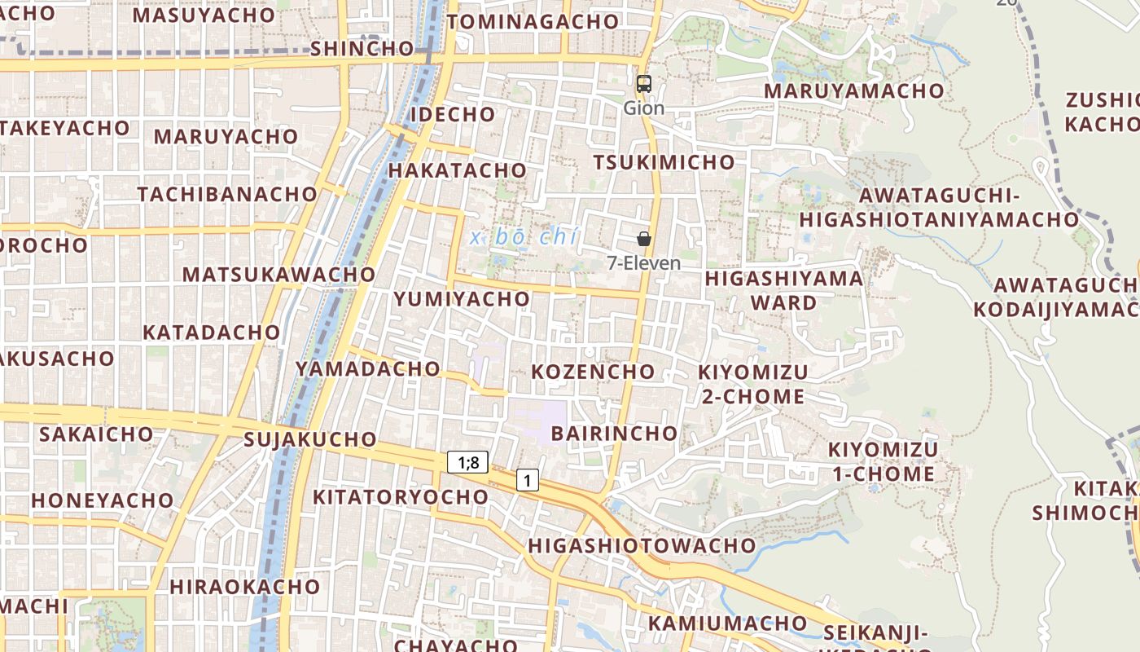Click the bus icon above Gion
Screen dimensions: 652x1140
(x=644, y=83)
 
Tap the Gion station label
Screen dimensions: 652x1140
(x=644, y=108)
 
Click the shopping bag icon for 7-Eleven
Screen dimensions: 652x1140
(x=644, y=239)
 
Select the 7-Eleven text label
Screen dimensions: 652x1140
(x=644, y=263)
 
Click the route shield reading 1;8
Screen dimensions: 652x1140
(x=467, y=463)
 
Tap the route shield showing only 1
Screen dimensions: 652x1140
(x=528, y=481)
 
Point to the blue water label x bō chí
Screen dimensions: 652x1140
(x=524, y=237)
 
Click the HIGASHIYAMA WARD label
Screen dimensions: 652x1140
(x=783, y=290)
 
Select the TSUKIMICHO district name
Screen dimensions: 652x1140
(x=664, y=162)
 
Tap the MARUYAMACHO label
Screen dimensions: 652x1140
(x=853, y=90)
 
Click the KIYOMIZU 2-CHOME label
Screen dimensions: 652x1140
(x=752, y=384)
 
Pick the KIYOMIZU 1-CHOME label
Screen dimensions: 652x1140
(x=883, y=461)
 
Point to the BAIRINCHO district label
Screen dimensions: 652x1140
(x=614, y=433)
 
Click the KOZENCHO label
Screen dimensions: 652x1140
(x=593, y=372)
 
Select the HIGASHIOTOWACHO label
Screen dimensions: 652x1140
(x=642, y=545)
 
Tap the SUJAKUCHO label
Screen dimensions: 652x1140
(x=310, y=439)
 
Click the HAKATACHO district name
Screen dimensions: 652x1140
(x=457, y=170)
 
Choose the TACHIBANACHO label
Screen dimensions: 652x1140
(x=227, y=194)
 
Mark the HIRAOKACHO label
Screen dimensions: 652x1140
(x=245, y=587)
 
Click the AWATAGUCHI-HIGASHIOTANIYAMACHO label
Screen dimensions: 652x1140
(x=939, y=208)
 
